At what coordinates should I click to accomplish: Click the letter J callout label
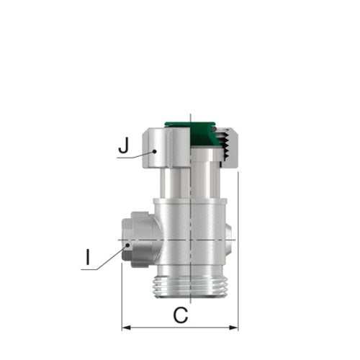[x=124, y=146]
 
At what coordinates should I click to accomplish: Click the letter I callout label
[x=88, y=257]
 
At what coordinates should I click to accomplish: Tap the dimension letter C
[x=181, y=315]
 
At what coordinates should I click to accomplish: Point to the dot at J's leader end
[x=155, y=151]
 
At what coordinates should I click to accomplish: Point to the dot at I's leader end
[x=128, y=245]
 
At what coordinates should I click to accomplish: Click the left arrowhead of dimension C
[x=127, y=328]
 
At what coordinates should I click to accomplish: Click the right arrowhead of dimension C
[x=233, y=328]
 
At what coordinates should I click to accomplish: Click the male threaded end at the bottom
[x=190, y=287]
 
